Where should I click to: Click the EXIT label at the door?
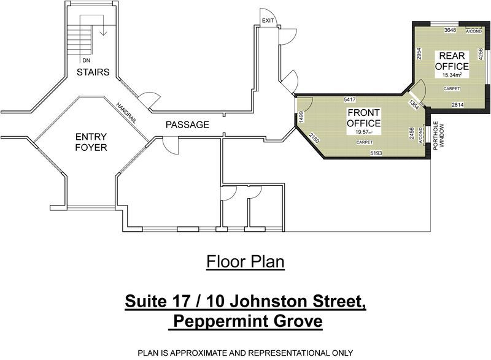point(268,21)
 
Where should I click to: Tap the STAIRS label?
point(93,72)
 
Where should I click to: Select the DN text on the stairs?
point(87,60)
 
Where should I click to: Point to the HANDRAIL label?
point(126,113)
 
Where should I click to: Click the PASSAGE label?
point(187,124)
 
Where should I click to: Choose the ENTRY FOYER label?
point(91,142)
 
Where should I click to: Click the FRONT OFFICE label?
point(363,118)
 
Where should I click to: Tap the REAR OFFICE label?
point(452,61)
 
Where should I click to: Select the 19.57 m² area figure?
point(363,132)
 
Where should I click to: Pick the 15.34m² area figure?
point(452,75)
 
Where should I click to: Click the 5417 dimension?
point(349,100)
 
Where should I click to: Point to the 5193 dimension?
point(376,153)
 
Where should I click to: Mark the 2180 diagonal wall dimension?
point(314,138)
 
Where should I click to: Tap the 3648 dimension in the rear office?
point(450,30)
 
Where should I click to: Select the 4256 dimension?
point(481,54)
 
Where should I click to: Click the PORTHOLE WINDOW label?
point(438,136)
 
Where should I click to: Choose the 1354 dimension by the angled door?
point(413,104)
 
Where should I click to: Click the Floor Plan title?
point(245,261)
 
